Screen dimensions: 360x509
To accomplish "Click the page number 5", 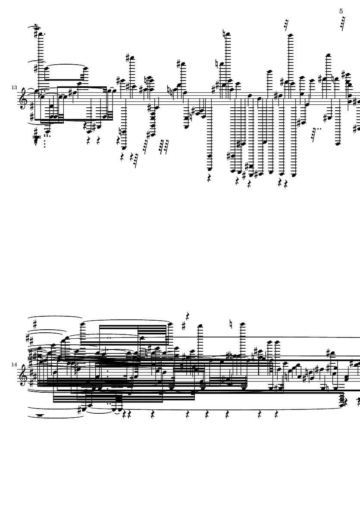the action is click(x=341, y=11).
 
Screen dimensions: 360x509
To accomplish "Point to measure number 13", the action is click(x=14, y=87).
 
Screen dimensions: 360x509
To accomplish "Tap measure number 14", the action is click(x=14, y=364).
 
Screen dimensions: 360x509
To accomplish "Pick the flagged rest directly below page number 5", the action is click(x=343, y=23).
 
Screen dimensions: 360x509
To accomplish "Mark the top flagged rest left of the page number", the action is click(x=286, y=25).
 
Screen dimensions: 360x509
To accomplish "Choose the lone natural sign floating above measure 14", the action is click(x=230, y=324).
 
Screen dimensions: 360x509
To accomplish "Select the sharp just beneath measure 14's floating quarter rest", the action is click(x=184, y=325).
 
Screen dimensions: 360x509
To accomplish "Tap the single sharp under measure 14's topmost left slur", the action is click(x=35, y=324).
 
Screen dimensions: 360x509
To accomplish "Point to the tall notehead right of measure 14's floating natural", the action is click(x=242, y=324).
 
